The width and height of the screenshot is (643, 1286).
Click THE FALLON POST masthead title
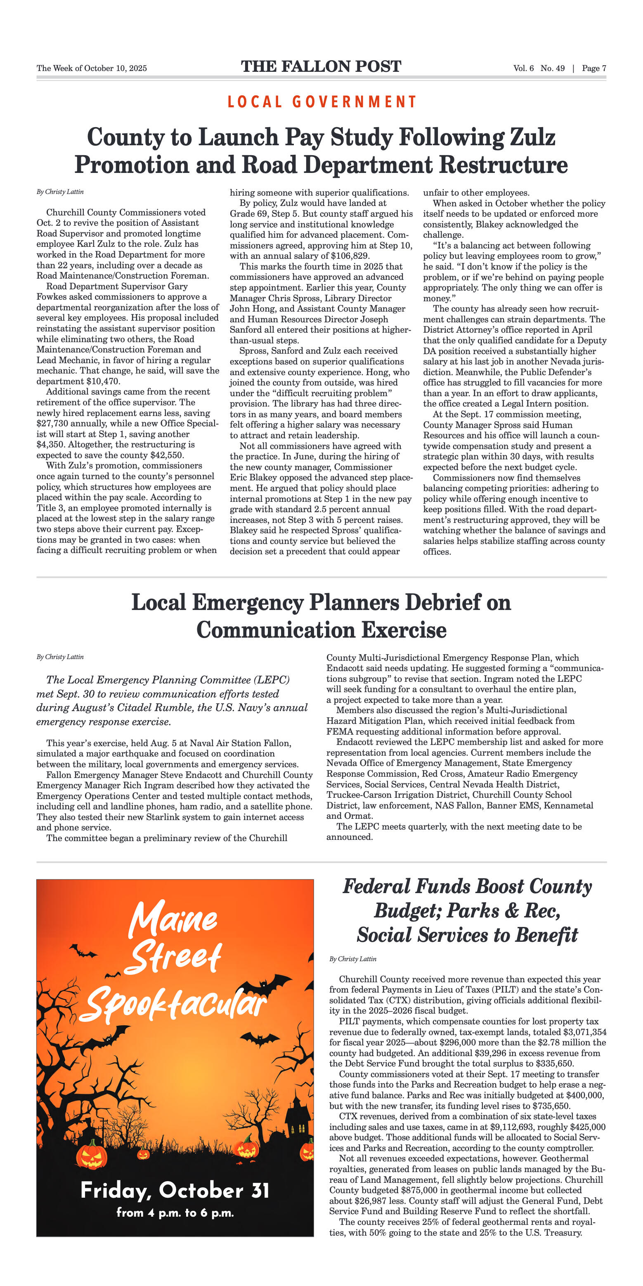coord(321,66)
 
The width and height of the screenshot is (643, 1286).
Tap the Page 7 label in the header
coord(593,69)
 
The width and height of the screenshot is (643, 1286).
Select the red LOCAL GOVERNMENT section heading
coord(321,102)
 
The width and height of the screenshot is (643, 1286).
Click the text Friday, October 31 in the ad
coord(175,1191)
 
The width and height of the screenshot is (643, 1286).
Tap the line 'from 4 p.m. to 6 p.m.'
coord(175,1213)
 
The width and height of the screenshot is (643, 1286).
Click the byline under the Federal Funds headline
coord(352,959)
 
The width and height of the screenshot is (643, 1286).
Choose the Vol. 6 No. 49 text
coord(539,69)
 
